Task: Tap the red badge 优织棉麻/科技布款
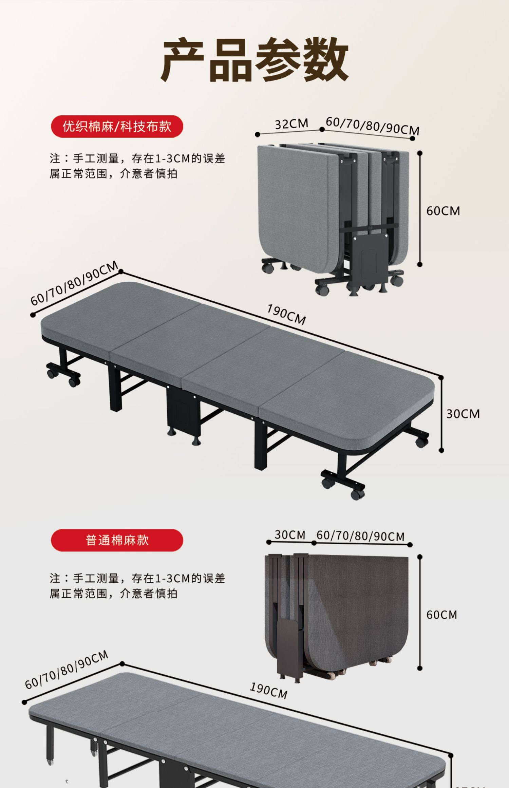(x=117, y=127)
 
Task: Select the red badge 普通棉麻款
(x=117, y=540)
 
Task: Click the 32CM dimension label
(x=291, y=124)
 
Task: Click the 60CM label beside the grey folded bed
(x=443, y=211)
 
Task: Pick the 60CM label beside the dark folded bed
(x=441, y=615)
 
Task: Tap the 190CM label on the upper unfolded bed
(x=286, y=314)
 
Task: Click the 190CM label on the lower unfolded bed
(x=268, y=690)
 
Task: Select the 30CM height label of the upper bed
(x=463, y=414)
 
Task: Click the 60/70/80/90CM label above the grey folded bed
(x=372, y=126)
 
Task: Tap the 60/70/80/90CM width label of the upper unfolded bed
(x=74, y=283)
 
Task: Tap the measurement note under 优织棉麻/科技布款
(x=137, y=166)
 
